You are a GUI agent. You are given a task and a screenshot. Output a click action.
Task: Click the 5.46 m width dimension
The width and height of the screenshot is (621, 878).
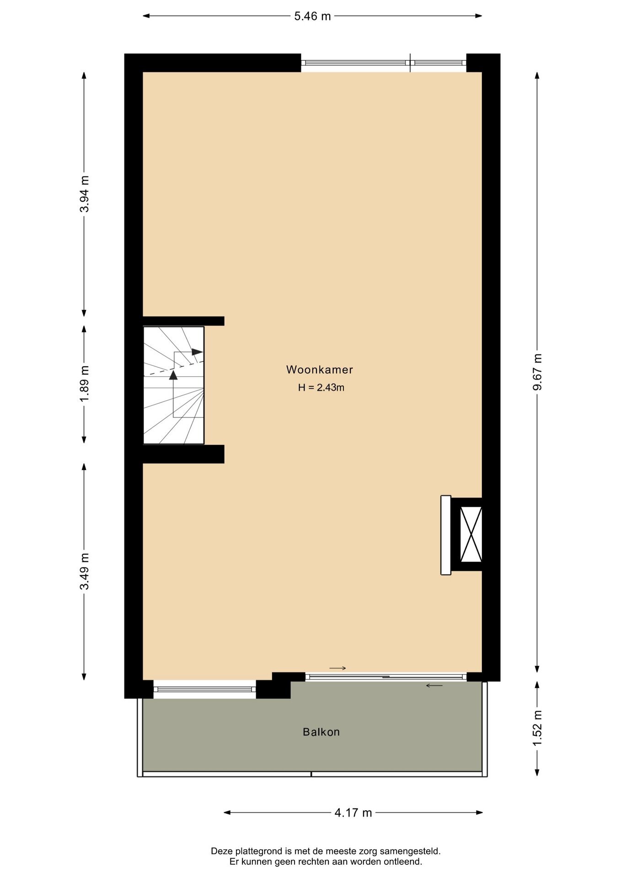(x=312, y=16)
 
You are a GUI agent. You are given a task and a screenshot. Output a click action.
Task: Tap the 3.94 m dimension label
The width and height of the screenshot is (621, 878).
(x=85, y=194)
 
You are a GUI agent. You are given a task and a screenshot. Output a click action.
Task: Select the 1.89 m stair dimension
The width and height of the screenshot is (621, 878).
(x=85, y=384)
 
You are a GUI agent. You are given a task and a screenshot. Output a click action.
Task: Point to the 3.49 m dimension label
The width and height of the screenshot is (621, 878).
(x=85, y=571)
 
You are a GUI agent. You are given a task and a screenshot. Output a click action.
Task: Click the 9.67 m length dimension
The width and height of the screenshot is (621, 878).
(x=537, y=371)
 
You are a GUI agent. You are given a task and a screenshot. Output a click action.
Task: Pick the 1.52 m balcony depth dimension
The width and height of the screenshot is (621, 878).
(x=537, y=728)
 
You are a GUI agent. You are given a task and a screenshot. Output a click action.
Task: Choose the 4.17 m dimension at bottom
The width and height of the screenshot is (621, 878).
(x=353, y=813)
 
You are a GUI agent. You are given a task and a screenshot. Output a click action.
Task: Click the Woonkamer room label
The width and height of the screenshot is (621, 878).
(x=320, y=369)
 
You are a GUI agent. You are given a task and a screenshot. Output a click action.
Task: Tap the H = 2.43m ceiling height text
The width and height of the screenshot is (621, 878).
(x=321, y=388)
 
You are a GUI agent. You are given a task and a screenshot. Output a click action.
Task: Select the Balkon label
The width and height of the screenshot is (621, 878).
(x=321, y=732)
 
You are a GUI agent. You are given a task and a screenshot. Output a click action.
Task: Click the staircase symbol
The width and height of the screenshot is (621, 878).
(x=174, y=385)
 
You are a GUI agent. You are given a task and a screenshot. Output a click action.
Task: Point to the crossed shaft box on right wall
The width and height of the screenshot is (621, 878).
(x=471, y=534)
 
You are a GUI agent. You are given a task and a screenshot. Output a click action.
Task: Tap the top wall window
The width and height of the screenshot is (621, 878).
(x=384, y=63)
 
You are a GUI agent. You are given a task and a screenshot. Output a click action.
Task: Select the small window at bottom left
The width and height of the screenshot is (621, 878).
(x=204, y=689)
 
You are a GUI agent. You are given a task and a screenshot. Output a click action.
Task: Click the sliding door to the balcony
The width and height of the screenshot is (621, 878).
(x=386, y=677)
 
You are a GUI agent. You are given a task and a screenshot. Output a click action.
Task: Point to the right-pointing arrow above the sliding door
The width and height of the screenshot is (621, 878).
(x=337, y=669)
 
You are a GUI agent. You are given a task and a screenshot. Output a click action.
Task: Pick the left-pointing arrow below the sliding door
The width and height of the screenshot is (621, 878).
(x=434, y=685)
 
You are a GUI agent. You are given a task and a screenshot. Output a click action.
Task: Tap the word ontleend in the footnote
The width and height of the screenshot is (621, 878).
(x=405, y=862)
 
